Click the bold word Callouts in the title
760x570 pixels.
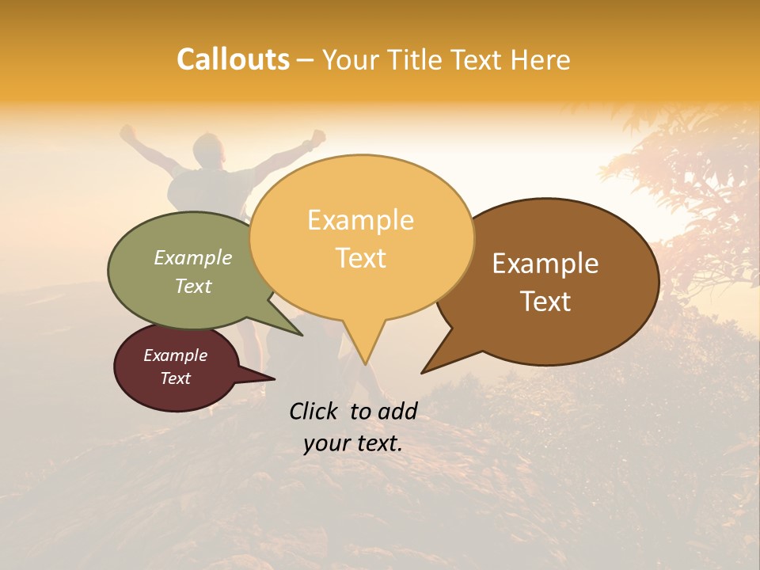tap(233, 59)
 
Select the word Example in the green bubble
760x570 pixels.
tap(193, 257)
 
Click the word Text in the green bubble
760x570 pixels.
tap(193, 286)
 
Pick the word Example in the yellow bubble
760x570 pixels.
tap(360, 220)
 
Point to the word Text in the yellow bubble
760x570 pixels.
tap(360, 258)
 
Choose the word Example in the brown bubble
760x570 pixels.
tap(545, 264)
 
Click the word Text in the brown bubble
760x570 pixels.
tap(545, 301)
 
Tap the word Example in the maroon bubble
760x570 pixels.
tap(175, 355)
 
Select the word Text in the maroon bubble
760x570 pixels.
tap(175, 378)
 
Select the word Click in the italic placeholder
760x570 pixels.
tap(315, 411)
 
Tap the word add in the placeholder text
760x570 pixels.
tap(397, 411)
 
